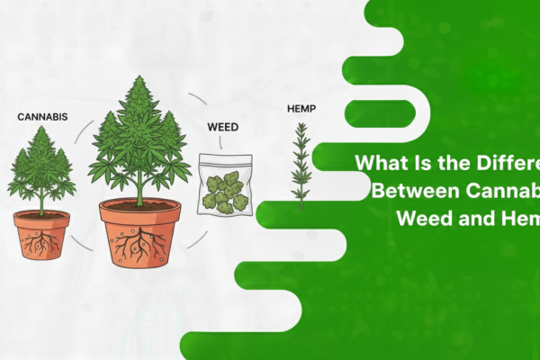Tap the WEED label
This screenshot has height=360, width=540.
[222, 127]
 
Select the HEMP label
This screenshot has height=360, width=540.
[301, 107]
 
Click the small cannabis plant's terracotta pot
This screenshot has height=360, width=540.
[40, 236]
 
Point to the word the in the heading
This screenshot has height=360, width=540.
[442, 165]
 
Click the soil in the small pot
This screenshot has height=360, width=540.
[40, 214]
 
